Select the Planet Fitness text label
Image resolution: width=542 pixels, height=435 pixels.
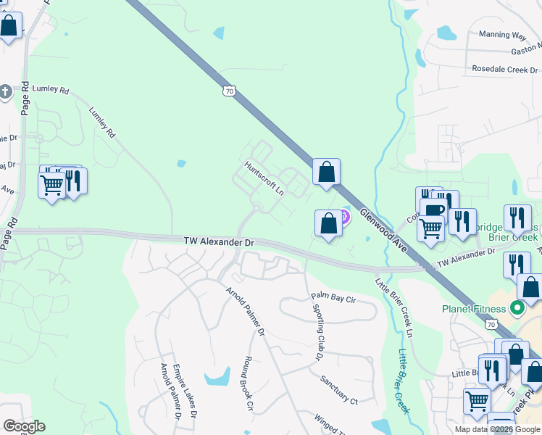[x=474, y=309]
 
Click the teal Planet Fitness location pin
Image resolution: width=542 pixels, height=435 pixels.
[x=517, y=309]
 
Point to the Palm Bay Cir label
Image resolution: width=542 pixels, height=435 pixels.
[x=334, y=298]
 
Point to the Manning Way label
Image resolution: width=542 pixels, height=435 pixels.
[x=502, y=34]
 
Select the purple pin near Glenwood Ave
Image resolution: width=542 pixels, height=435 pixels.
[x=344, y=215]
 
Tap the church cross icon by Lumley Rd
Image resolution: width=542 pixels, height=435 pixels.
[x=5, y=91]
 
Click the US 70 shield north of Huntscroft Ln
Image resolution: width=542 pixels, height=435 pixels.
[x=229, y=91]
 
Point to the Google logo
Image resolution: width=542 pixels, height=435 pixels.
[x=24, y=426]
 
